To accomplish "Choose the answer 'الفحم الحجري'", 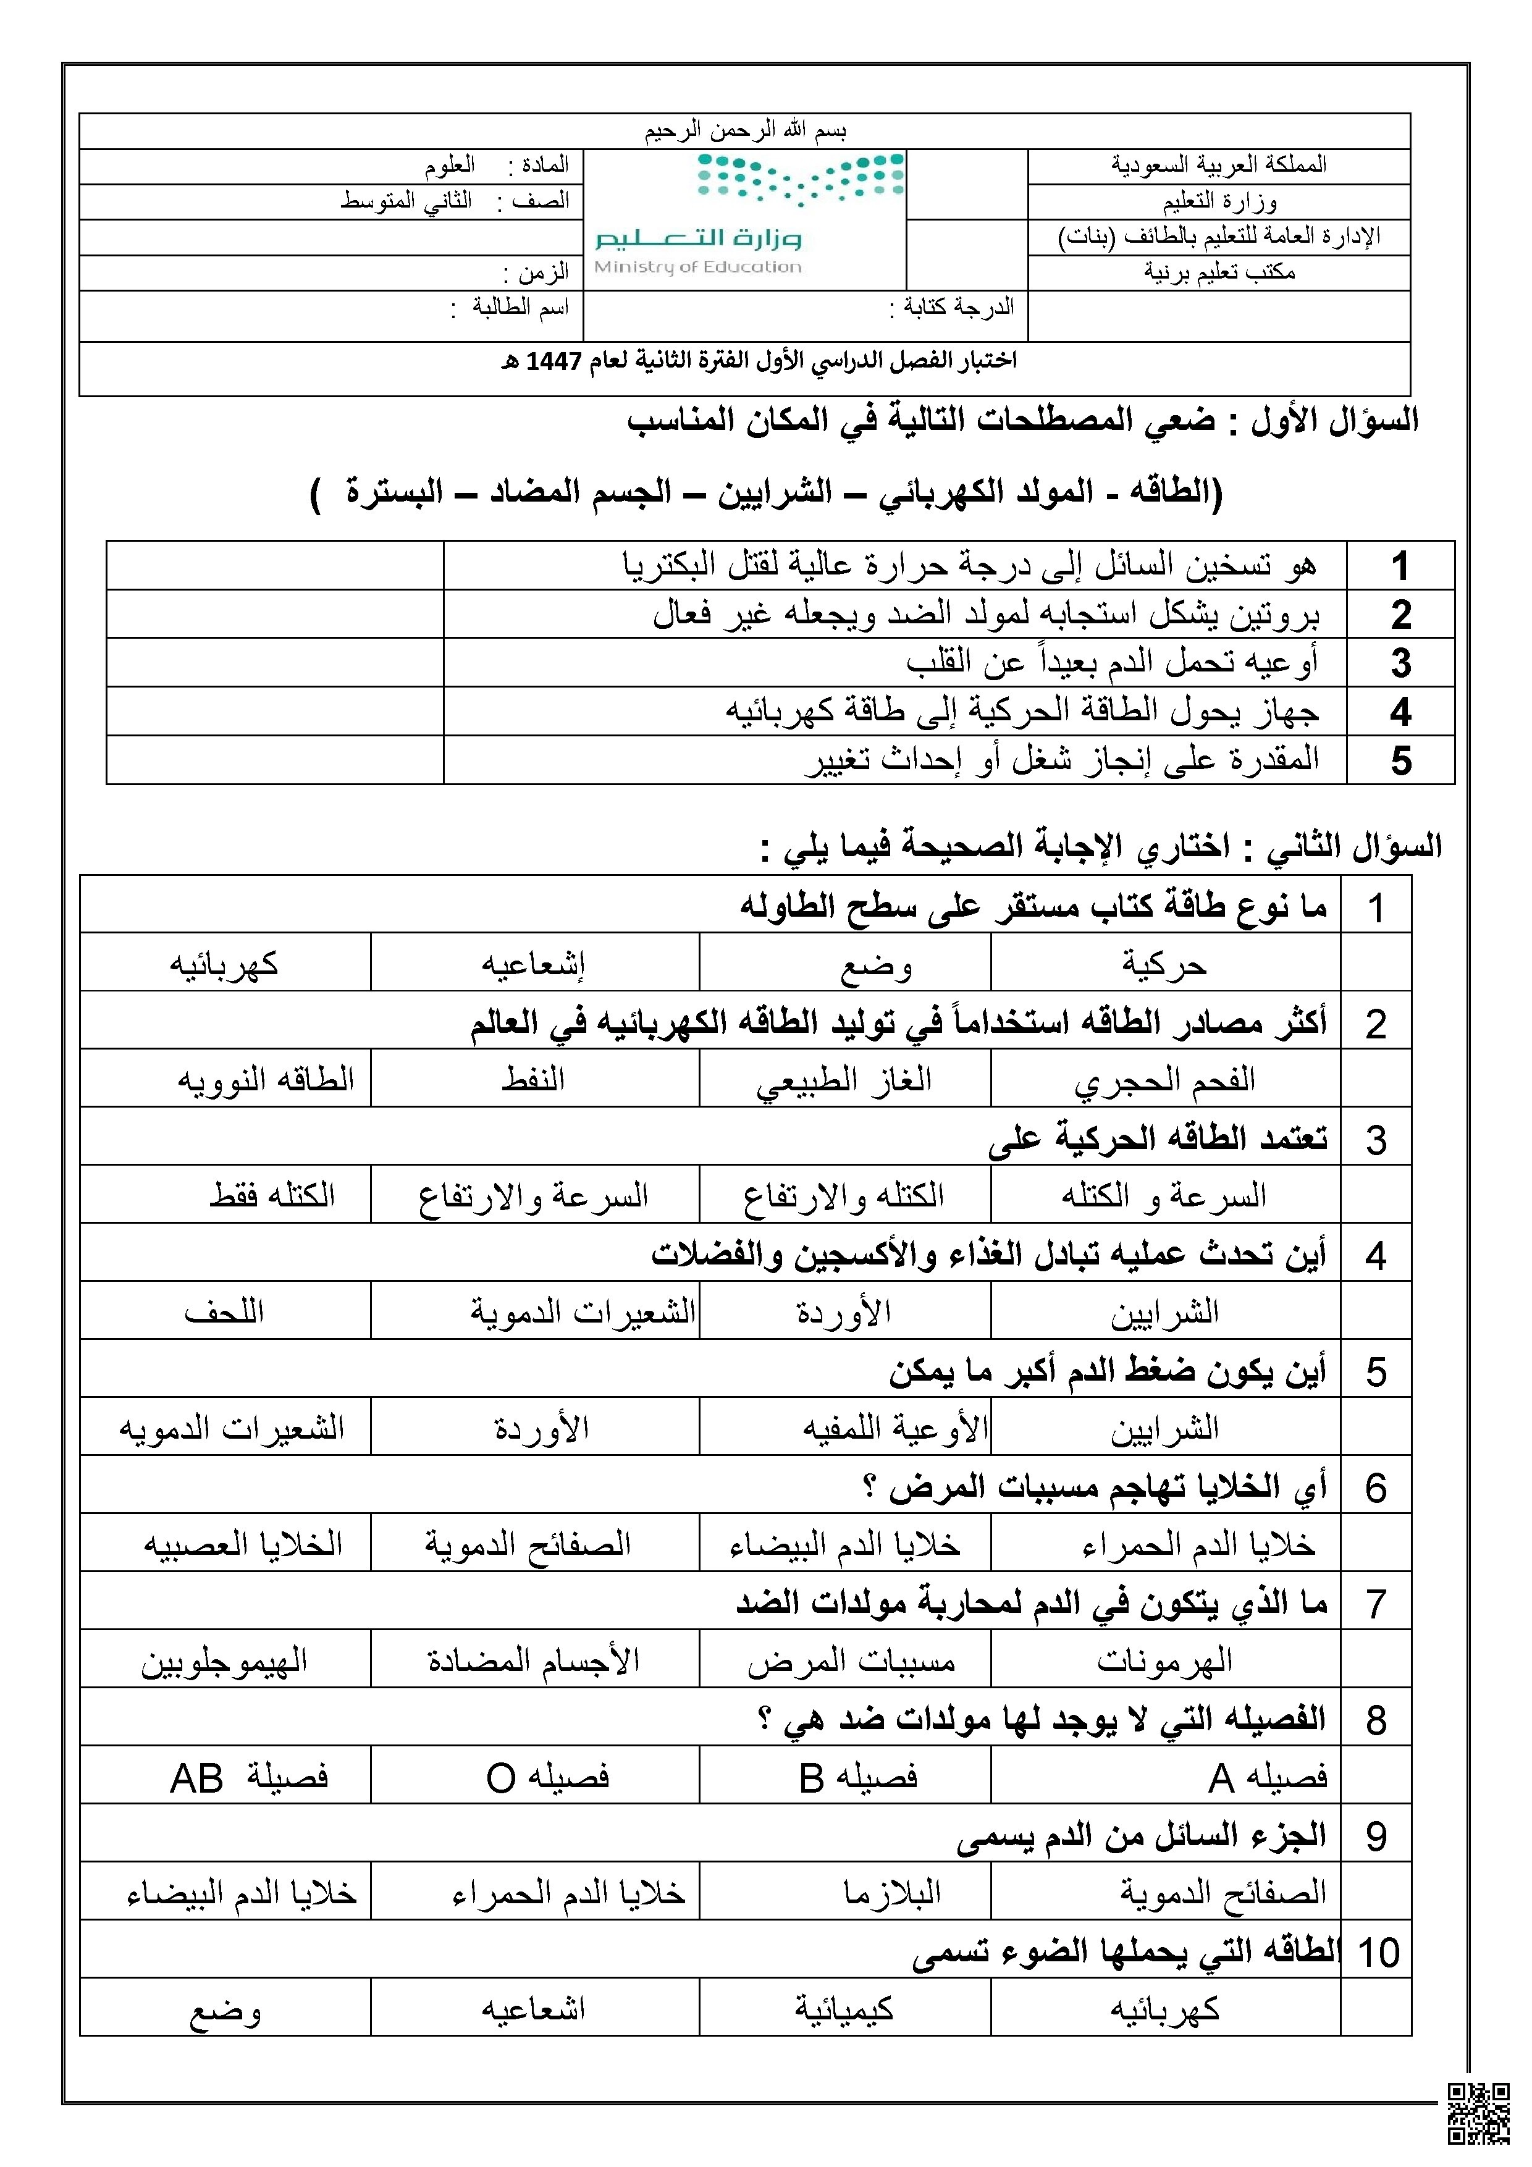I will (x=1165, y=1080).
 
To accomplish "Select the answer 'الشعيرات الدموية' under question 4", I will (x=583, y=1312).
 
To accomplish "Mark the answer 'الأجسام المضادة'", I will (x=534, y=1660).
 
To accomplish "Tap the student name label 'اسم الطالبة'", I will (x=520, y=308).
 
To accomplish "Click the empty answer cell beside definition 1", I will (x=275, y=566).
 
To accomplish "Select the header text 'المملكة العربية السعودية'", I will (x=1219, y=165).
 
